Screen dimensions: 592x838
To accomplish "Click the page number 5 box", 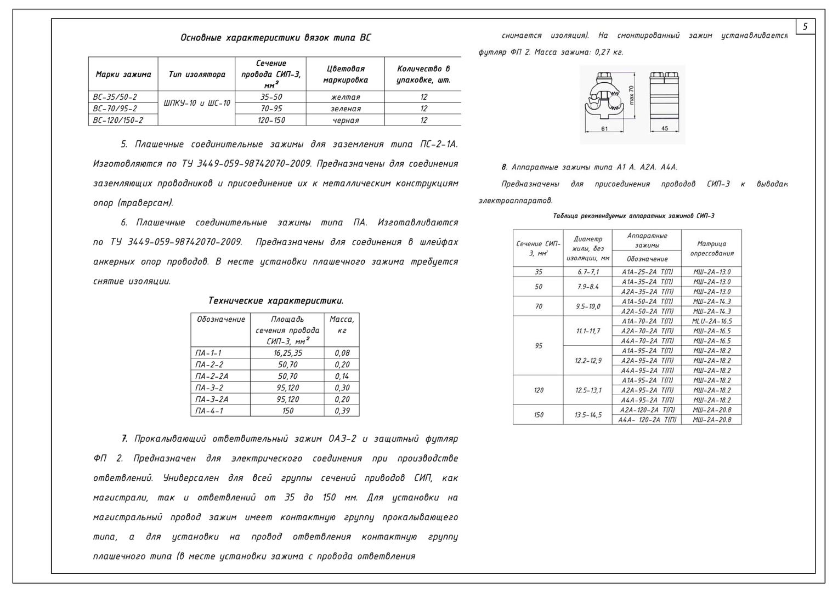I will (805, 26).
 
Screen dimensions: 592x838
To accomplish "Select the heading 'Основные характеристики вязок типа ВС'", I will (275, 38).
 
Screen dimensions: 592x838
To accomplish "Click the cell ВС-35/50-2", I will (115, 97).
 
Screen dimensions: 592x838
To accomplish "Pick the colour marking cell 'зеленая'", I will (346, 109).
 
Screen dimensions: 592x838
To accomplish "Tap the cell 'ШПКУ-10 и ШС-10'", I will (196, 103).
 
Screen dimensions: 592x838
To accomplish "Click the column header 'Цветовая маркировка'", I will (346, 74).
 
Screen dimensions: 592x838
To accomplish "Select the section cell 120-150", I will (271, 120).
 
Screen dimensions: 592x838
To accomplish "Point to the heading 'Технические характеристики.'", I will (276, 301).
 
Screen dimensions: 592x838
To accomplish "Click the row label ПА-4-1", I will (209, 411).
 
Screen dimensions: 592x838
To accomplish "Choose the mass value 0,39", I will (342, 411).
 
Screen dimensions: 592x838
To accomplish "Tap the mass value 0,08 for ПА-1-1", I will (342, 353).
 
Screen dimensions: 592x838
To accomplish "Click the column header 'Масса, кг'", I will (342, 325).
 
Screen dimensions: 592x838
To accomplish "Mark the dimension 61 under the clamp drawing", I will (604, 129).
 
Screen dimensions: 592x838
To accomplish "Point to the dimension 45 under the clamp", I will (664, 129).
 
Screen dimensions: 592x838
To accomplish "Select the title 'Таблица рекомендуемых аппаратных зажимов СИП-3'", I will (634, 216).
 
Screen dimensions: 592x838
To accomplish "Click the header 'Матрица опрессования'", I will (711, 248).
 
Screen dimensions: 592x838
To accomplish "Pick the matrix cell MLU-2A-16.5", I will (711, 321).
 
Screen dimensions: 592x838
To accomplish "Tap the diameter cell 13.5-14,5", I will (587, 415).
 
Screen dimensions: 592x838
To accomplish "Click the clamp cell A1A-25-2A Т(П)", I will (647, 272).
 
